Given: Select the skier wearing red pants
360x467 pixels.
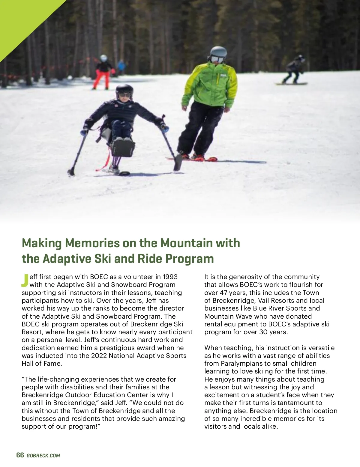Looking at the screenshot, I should (x=103, y=72).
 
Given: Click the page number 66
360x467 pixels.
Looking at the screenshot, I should (x=20, y=455).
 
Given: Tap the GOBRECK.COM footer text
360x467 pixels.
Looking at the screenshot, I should (x=43, y=456).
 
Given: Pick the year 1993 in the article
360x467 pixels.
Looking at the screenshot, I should (x=170, y=277).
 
